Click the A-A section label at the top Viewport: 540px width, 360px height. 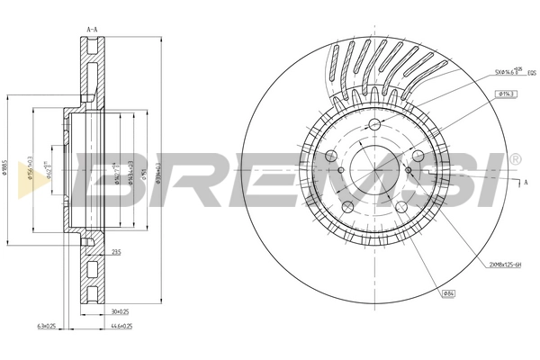91,29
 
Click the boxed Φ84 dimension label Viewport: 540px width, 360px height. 447,292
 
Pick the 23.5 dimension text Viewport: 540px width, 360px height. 115,253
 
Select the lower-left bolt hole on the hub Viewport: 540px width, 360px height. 348,206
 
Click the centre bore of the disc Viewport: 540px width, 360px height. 373,167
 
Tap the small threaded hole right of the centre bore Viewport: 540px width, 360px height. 409,169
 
